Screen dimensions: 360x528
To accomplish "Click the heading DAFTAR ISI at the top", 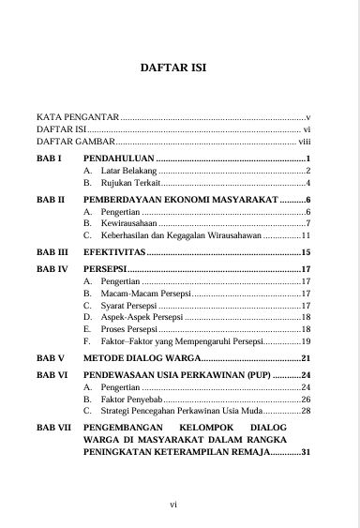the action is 180,68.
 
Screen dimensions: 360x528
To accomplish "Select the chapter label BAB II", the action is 50,201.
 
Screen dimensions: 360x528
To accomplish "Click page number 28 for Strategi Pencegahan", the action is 306,411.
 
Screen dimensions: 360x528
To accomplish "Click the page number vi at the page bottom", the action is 173,505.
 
